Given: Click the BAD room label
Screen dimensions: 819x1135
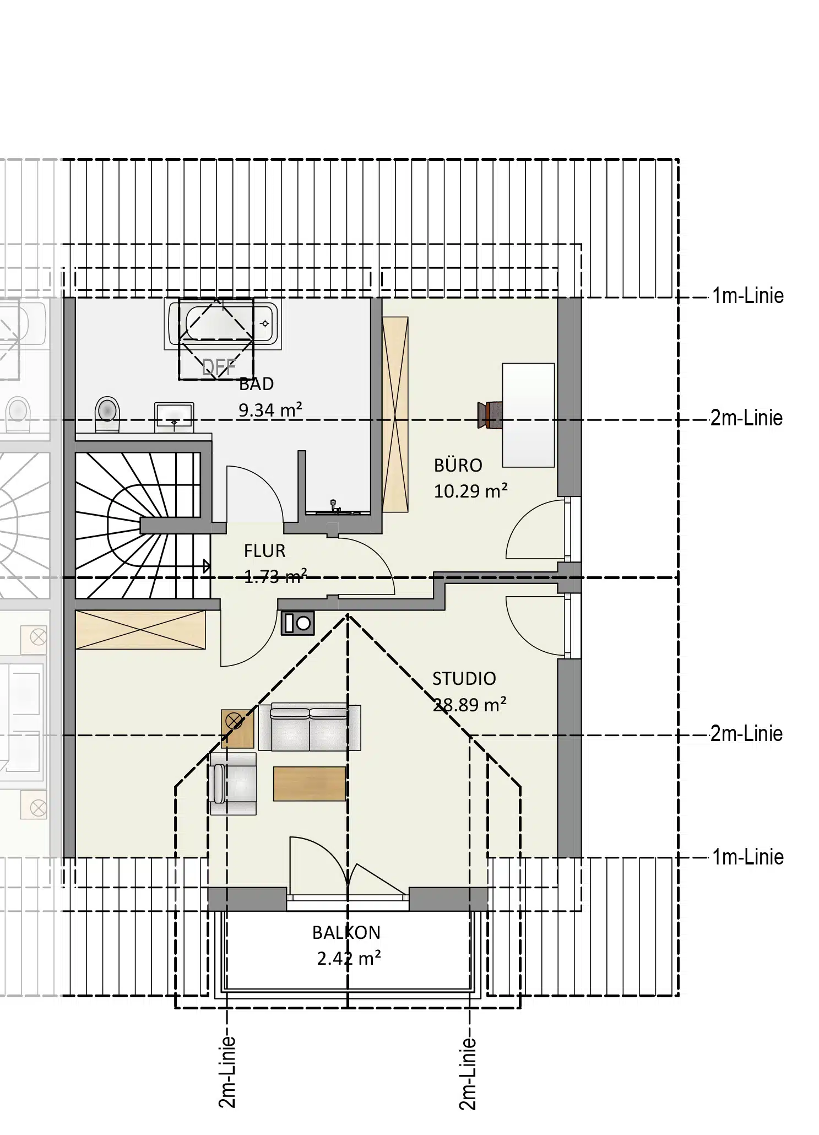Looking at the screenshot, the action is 256,383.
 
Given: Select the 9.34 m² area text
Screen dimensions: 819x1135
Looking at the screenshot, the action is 270,410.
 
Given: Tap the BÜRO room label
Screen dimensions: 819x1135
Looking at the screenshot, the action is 458,465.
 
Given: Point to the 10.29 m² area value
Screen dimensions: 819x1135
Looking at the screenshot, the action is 470,491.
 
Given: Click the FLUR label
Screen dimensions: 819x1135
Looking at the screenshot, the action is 264,550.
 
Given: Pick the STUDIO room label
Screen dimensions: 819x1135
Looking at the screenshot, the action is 464,678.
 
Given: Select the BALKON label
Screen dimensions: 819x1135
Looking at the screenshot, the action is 346,932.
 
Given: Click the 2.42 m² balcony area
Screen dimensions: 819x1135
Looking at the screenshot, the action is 349,959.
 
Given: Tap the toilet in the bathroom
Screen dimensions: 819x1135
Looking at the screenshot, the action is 107,414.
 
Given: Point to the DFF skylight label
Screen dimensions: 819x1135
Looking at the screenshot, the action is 219,367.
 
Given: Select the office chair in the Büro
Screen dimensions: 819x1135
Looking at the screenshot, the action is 490,415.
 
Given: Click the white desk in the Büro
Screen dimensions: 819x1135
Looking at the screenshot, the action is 528,415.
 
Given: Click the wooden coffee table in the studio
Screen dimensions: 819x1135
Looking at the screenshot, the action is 310,783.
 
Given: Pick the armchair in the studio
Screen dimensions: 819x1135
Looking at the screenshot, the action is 232,783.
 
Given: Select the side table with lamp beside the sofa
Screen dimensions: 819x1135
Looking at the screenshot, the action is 238,728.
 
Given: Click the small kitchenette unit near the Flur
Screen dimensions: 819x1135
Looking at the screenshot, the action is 298,623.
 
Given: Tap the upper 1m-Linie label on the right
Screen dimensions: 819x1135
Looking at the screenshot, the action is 747,296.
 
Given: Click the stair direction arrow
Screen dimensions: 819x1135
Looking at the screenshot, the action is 207,566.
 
